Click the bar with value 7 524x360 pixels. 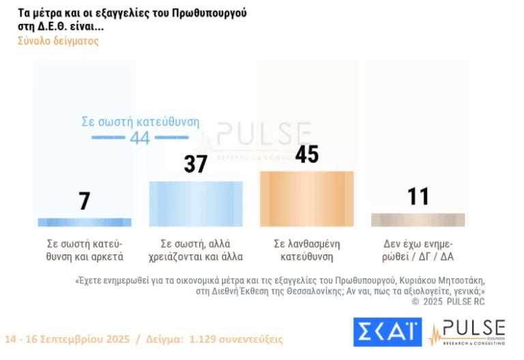pos(85,222)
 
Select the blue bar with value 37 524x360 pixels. pos(196,203)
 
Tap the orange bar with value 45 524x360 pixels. pos(307,198)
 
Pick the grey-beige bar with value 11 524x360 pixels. pos(418,220)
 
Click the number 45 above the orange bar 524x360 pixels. pos(307,155)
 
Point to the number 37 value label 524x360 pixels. pos(196,164)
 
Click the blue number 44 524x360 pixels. pos(140,138)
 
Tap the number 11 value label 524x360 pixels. pos(418,196)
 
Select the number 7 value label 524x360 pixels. pos(85,201)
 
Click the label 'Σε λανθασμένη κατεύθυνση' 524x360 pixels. pos(307,250)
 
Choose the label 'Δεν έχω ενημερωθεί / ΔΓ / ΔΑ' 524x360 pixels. pos(418,250)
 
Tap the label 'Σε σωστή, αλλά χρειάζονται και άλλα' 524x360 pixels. pos(196,250)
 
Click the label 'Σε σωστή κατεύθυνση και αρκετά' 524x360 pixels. pos(85,250)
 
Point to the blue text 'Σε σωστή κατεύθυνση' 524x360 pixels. pos(140,122)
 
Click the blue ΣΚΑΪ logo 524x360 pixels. pos(387,332)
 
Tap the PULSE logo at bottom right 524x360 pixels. pos(467,332)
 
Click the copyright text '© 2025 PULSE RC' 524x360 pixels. pos(448,301)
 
